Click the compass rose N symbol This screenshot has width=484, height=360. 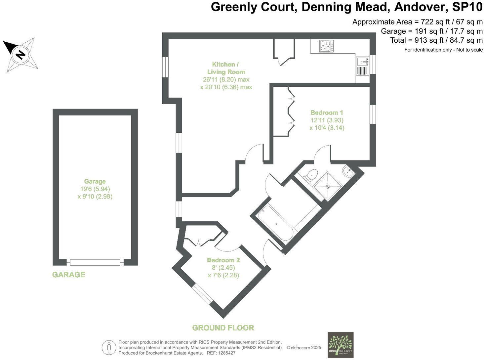[x=21, y=54]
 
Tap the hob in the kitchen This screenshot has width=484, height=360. [x=326, y=46]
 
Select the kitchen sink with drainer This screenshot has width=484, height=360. [x=362, y=66]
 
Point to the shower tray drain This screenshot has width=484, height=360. [x=328, y=186]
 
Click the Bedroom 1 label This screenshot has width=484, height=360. [x=327, y=112]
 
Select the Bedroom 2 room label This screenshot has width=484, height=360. [x=223, y=260]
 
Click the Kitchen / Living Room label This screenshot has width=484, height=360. [x=226, y=68]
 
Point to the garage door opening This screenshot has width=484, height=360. [x=95, y=262]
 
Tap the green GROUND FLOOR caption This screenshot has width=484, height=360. [x=223, y=328]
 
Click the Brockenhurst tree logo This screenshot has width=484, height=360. [x=341, y=345]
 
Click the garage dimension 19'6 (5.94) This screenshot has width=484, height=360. [x=95, y=189]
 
